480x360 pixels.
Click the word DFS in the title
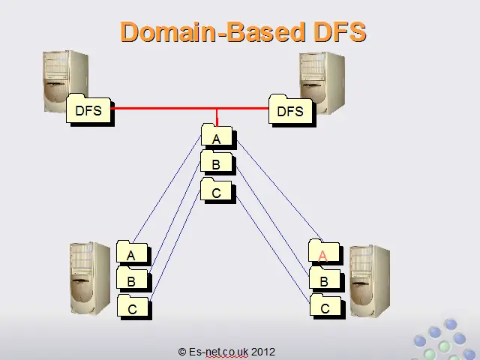coord(340,31)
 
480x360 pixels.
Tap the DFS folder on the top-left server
coord(90,109)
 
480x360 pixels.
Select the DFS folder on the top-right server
coord(292,111)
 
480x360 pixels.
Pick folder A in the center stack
coord(218,136)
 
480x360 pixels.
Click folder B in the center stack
coord(218,163)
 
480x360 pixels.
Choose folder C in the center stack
coord(218,190)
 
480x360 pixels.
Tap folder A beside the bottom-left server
coord(133,253)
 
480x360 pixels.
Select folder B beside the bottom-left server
coord(133,279)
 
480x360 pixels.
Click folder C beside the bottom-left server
coord(134,307)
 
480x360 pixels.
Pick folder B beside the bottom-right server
coord(327,279)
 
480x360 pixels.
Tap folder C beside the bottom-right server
coord(328,306)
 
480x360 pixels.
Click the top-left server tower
coord(66,82)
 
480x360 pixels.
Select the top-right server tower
coord(322,82)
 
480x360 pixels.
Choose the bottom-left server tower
coord(90,278)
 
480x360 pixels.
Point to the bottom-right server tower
coord(370,281)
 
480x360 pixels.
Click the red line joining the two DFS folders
coord(190,108)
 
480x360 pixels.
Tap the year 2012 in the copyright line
coord(263,352)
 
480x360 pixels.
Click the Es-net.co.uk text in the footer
coord(218,352)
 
